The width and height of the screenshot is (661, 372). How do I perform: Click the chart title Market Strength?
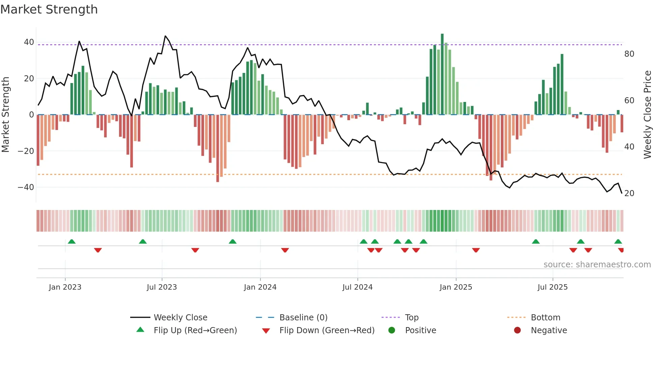tap(49, 9)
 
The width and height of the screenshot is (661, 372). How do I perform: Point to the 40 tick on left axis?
tap(29, 42)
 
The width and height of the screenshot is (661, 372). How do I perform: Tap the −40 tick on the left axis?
tap(26, 187)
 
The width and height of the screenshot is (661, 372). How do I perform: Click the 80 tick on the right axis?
tap(629, 54)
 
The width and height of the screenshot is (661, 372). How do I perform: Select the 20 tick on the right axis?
tap(629, 193)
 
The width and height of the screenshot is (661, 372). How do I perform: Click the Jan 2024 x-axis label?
tap(260, 287)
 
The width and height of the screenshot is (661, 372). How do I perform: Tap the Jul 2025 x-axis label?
tap(552, 287)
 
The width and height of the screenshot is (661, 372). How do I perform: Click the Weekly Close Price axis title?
tap(648, 115)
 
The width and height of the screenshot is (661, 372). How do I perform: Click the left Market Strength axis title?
tap(6, 115)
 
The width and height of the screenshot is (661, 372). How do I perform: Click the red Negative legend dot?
tap(517, 330)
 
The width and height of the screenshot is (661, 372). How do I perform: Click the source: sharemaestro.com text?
tap(597, 265)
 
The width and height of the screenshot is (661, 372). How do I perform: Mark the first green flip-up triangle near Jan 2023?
tap(71, 241)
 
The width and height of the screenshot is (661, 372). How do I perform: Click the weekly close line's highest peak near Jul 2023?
tap(165, 36)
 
